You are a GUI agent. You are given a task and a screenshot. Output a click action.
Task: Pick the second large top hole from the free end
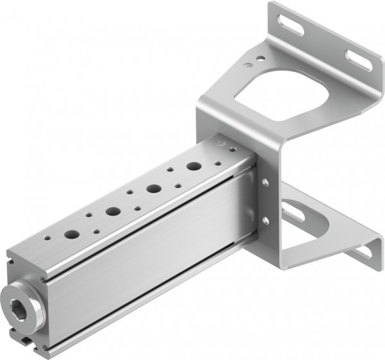click(113, 210)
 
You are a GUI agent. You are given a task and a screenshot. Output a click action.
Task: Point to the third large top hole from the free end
click(153, 189)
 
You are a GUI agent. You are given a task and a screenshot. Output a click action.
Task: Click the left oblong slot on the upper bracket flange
click(296, 27)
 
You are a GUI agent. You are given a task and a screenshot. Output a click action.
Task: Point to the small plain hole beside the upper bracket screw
click(259, 58)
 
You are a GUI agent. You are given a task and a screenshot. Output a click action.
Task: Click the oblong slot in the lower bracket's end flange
click(360, 251)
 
